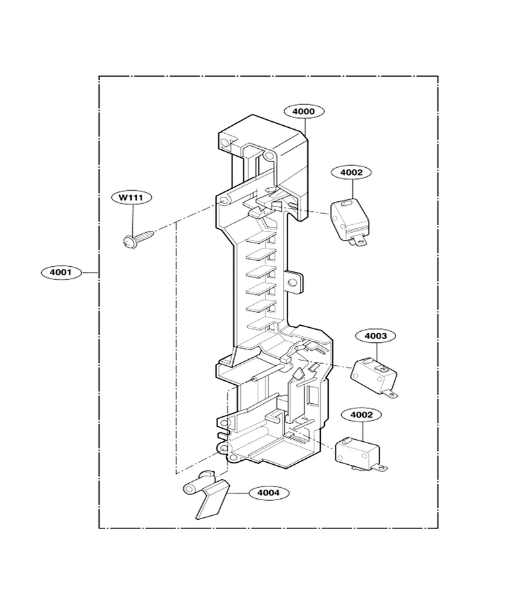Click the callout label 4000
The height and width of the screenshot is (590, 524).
click(x=304, y=111)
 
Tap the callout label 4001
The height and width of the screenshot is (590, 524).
click(x=61, y=272)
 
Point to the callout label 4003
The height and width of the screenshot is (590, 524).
click(x=375, y=336)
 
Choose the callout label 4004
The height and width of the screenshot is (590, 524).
click(x=269, y=492)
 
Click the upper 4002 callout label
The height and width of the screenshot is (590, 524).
click(x=352, y=172)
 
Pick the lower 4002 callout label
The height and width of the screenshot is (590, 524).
click(x=362, y=415)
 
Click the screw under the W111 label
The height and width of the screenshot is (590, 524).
click(x=138, y=239)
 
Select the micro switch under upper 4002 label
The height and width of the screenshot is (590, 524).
click(x=349, y=223)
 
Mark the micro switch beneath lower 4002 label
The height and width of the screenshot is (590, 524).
click(x=360, y=454)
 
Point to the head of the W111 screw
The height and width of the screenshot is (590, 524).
click(x=129, y=241)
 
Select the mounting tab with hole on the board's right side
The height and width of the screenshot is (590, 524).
click(x=294, y=282)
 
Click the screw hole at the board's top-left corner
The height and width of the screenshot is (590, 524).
click(x=225, y=143)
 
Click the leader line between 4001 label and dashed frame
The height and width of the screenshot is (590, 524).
click(x=90, y=272)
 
